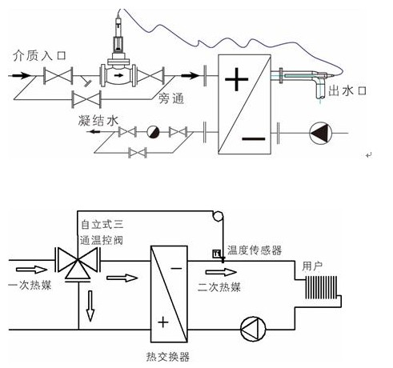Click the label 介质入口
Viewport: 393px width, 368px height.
pyautogui.click(x=39, y=56)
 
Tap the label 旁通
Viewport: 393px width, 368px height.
pyautogui.click(x=171, y=98)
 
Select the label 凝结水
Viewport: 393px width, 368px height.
pyautogui.click(x=98, y=121)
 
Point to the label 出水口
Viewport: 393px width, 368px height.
pyautogui.click(x=347, y=90)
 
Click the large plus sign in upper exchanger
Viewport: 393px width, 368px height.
pyautogui.click(x=236, y=79)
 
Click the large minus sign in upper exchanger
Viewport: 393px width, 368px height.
pyautogui.click(x=254, y=138)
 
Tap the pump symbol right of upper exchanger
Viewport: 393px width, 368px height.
pyautogui.click(x=320, y=133)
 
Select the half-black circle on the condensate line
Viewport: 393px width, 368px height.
pyautogui.click(x=154, y=132)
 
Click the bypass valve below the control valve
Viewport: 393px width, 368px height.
pyautogui.click(x=86, y=99)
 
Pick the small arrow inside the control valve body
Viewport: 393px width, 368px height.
pyautogui.click(x=118, y=75)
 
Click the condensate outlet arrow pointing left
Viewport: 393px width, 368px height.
pyautogui.click(x=94, y=131)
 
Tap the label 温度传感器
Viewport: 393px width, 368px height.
pyautogui.click(x=255, y=250)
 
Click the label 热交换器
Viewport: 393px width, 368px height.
pyautogui.click(x=168, y=357)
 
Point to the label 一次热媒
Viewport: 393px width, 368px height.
pyautogui.click(x=30, y=285)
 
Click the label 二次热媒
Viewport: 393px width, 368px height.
pyautogui.click(x=219, y=287)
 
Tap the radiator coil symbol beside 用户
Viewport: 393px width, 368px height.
pyautogui.click(x=321, y=287)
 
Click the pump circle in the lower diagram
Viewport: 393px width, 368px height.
pyautogui.click(x=253, y=329)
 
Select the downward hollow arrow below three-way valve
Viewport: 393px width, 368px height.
pyautogui.click(x=90, y=306)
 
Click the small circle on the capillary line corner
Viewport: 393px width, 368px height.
pyautogui.click(x=218, y=216)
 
